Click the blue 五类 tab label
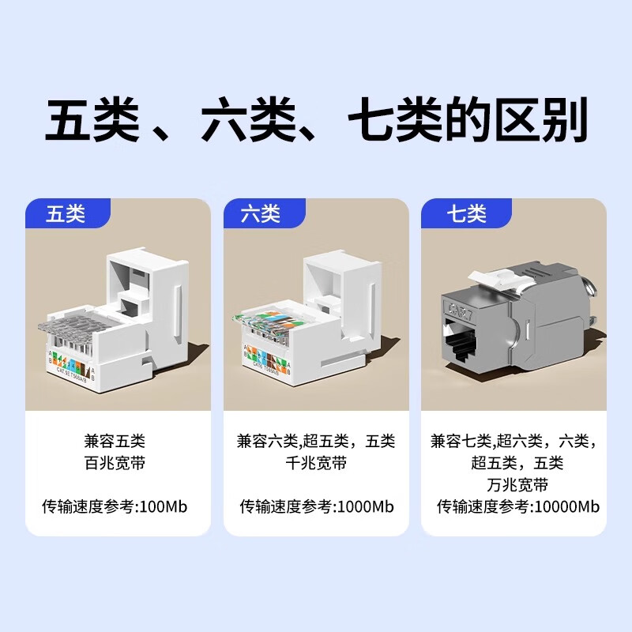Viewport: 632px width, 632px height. click(66, 214)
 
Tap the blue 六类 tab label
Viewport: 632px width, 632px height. click(261, 214)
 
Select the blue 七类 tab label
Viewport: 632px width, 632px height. click(466, 214)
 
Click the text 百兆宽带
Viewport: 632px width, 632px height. click(117, 463)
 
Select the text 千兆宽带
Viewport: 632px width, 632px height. click(315, 463)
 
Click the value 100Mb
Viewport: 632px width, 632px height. click(164, 506)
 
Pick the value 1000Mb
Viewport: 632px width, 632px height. click(367, 506)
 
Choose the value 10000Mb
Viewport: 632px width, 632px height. click(567, 506)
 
